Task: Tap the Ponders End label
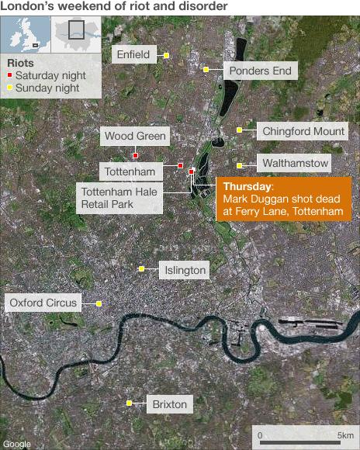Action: pyautogui.click(x=261, y=71)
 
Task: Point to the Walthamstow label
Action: pyautogui.click(x=296, y=164)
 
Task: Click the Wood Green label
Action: pyautogui.click(x=135, y=137)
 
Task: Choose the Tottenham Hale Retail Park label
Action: pyautogui.click(x=119, y=198)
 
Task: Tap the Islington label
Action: pyautogui.click(x=185, y=270)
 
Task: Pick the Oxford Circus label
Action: pyautogui.click(x=43, y=303)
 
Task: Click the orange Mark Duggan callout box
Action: pyautogui.click(x=283, y=199)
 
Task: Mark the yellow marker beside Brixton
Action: pyautogui.click(x=130, y=403)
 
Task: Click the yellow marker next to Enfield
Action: pyautogui.click(x=166, y=55)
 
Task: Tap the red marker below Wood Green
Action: pyautogui.click(x=135, y=155)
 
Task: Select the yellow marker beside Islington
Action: pyautogui.click(x=142, y=269)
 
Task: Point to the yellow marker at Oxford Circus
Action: pyautogui.click(x=99, y=303)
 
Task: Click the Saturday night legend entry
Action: pyautogui.click(x=47, y=76)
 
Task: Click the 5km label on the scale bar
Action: pyautogui.click(x=345, y=435)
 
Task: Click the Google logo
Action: pyautogui.click(x=17, y=444)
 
